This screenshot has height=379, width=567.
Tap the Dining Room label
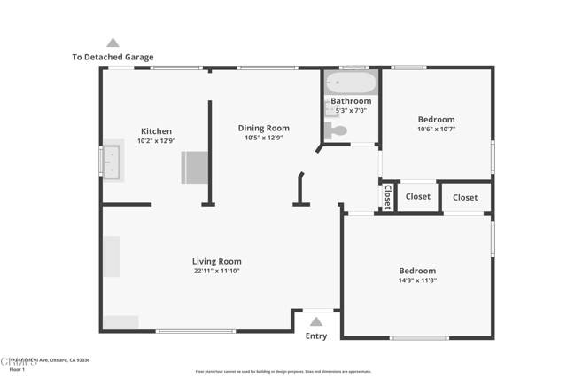click(x=263, y=128)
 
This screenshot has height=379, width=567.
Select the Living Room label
click(x=216, y=261)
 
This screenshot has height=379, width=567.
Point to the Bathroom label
click(x=351, y=101)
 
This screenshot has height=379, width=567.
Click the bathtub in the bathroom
click(x=352, y=84)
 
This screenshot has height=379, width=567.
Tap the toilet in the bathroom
click(x=336, y=131)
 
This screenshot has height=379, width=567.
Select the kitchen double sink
click(x=112, y=162)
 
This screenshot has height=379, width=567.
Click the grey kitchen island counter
click(x=194, y=167)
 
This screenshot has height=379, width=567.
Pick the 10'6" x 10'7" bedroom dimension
click(x=436, y=130)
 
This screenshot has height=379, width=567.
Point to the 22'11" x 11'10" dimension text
click(x=216, y=271)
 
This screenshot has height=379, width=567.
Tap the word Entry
click(x=316, y=336)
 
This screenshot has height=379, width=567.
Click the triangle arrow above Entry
click(x=316, y=321)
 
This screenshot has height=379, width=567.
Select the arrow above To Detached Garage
click(x=113, y=43)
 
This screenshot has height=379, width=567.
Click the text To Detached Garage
click(x=113, y=58)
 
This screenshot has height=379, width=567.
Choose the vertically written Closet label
click(x=387, y=197)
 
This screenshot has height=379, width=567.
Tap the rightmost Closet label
click(x=465, y=197)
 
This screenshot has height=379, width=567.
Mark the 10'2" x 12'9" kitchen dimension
click(x=156, y=141)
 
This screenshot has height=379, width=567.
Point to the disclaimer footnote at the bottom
click(x=283, y=372)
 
